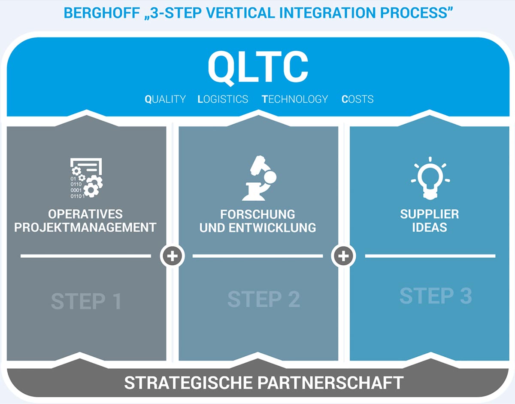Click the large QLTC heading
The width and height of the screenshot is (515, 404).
click(258, 67)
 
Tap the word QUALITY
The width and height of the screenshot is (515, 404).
click(165, 99)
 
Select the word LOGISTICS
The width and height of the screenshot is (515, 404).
click(223, 99)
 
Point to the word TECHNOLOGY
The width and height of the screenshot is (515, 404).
click(295, 99)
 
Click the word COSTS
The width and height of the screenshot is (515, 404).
click(357, 99)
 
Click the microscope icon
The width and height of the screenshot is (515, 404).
click(259, 178)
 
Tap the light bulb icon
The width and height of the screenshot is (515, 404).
click(430, 178)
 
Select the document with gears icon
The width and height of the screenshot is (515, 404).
click(87, 178)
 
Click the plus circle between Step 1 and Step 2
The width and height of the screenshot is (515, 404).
click(172, 256)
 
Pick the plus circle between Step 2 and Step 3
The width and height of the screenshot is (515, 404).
click(343, 256)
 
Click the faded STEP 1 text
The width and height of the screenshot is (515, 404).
click(86, 301)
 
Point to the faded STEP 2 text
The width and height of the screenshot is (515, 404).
click(264, 299)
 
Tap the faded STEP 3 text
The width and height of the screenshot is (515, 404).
click(436, 296)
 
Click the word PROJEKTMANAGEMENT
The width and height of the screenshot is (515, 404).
click(85, 227)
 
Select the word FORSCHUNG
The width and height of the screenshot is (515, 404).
click(257, 214)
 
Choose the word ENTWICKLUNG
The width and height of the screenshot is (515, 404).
click(273, 228)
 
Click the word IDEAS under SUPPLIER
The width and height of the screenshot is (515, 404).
click(430, 227)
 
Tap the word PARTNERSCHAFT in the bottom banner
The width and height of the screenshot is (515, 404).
click(330, 383)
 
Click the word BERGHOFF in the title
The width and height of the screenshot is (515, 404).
click(102, 12)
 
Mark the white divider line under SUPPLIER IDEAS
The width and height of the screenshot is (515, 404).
click(430, 256)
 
